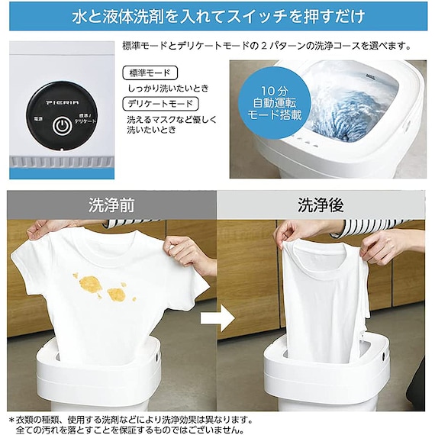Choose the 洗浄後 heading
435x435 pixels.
click(320, 205)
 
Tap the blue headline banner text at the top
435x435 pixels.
click(217, 15)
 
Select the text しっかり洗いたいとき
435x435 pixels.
click(167, 88)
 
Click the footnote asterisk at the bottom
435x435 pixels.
click(11, 418)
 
